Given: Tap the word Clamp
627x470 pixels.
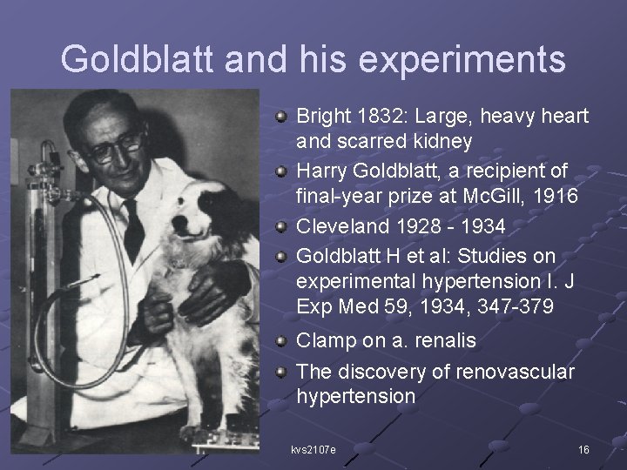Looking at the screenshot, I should (x=326, y=342).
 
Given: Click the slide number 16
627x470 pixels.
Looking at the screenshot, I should (x=583, y=449).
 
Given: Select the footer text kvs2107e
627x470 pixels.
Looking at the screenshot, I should (x=313, y=449).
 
